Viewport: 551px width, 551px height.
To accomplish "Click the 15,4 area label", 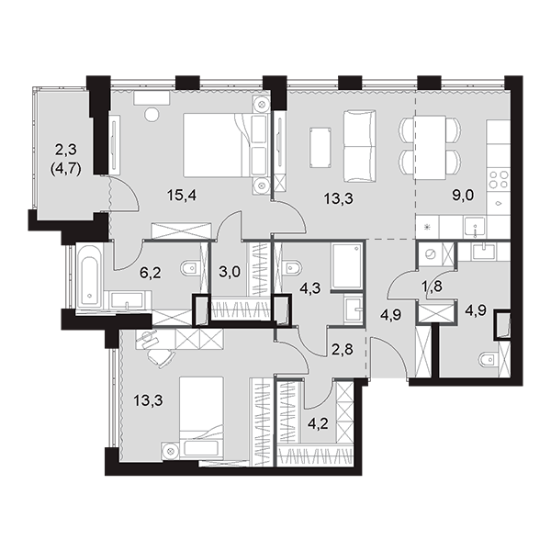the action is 181,195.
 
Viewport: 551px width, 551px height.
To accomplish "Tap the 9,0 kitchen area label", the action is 463,195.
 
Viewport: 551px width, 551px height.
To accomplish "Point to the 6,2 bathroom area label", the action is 150,273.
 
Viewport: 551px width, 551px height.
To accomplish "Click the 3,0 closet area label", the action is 230,272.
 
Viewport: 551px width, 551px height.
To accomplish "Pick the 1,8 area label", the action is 432,287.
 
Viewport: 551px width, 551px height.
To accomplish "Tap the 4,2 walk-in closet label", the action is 318,423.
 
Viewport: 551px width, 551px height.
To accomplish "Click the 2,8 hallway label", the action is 343,350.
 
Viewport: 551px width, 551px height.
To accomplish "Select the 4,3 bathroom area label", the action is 310,289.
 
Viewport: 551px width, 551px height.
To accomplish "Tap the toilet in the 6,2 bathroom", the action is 190,269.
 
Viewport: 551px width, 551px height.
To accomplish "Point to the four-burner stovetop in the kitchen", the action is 499,180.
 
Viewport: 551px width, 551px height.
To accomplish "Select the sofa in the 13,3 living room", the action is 359,146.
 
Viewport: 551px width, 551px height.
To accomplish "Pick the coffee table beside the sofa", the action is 320,148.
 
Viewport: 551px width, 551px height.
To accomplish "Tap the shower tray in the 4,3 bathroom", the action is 347,266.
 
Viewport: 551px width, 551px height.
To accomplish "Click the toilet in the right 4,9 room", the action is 489,359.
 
